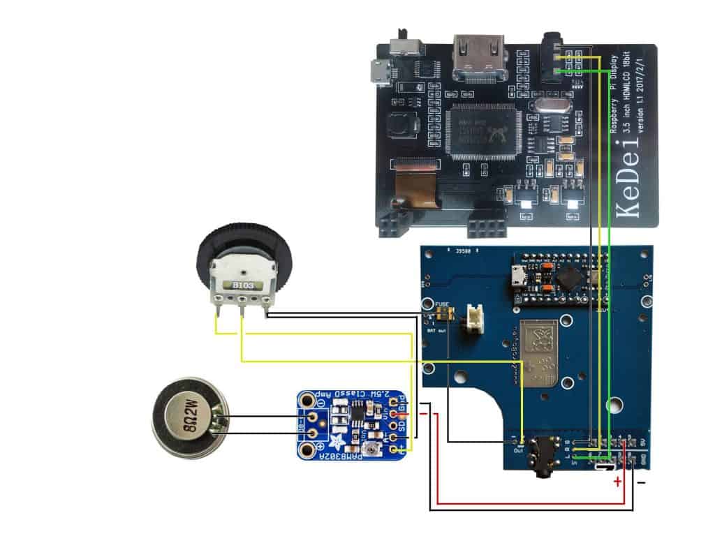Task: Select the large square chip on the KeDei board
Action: tap(482, 129)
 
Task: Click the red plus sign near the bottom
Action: tap(617, 482)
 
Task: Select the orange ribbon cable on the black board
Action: tap(416, 188)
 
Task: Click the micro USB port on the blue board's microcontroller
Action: tap(519, 275)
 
